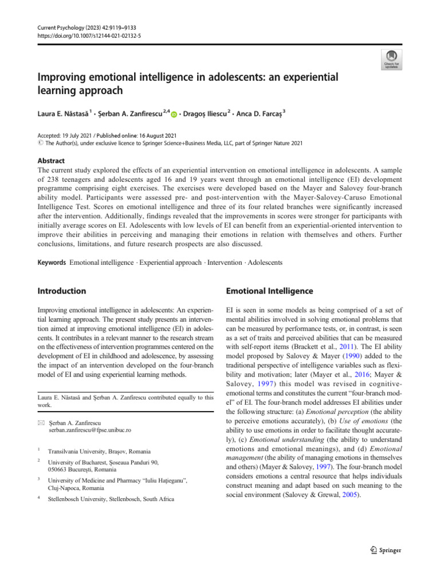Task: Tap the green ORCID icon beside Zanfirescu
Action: (x=174, y=115)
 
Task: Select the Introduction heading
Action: (x=62, y=291)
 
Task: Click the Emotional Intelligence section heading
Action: (x=270, y=291)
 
